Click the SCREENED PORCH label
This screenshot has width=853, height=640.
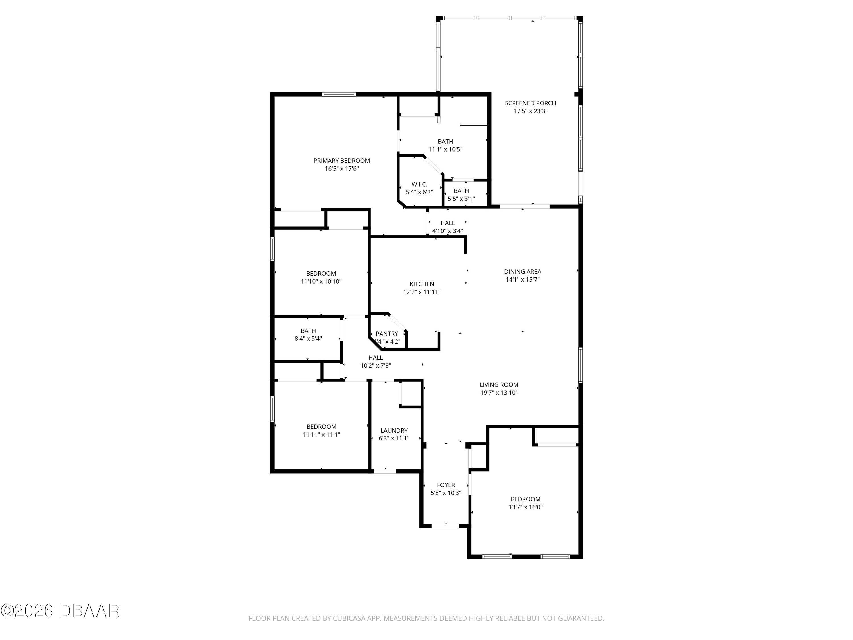[x=530, y=103]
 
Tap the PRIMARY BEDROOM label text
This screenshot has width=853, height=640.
[x=342, y=160]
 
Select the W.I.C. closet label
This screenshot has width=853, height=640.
[x=419, y=184]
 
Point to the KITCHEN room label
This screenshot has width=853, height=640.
[x=422, y=284]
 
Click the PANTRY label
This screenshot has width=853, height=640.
[x=387, y=334]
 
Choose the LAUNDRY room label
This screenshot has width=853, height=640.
[x=394, y=431]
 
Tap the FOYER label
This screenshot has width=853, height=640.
[x=446, y=485]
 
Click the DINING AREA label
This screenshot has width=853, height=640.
[x=523, y=272]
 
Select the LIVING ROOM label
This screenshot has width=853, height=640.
[x=499, y=385]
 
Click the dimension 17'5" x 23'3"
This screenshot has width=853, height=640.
[x=530, y=111]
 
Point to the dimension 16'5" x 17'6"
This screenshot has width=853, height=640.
[x=342, y=169]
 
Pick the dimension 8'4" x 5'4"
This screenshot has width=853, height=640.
[x=308, y=339]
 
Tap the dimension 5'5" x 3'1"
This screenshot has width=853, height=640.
[x=461, y=199]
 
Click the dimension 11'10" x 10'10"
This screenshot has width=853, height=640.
[x=321, y=282]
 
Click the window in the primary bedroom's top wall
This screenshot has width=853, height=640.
[x=339, y=94]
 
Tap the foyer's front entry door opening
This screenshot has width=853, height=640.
[x=445, y=525]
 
